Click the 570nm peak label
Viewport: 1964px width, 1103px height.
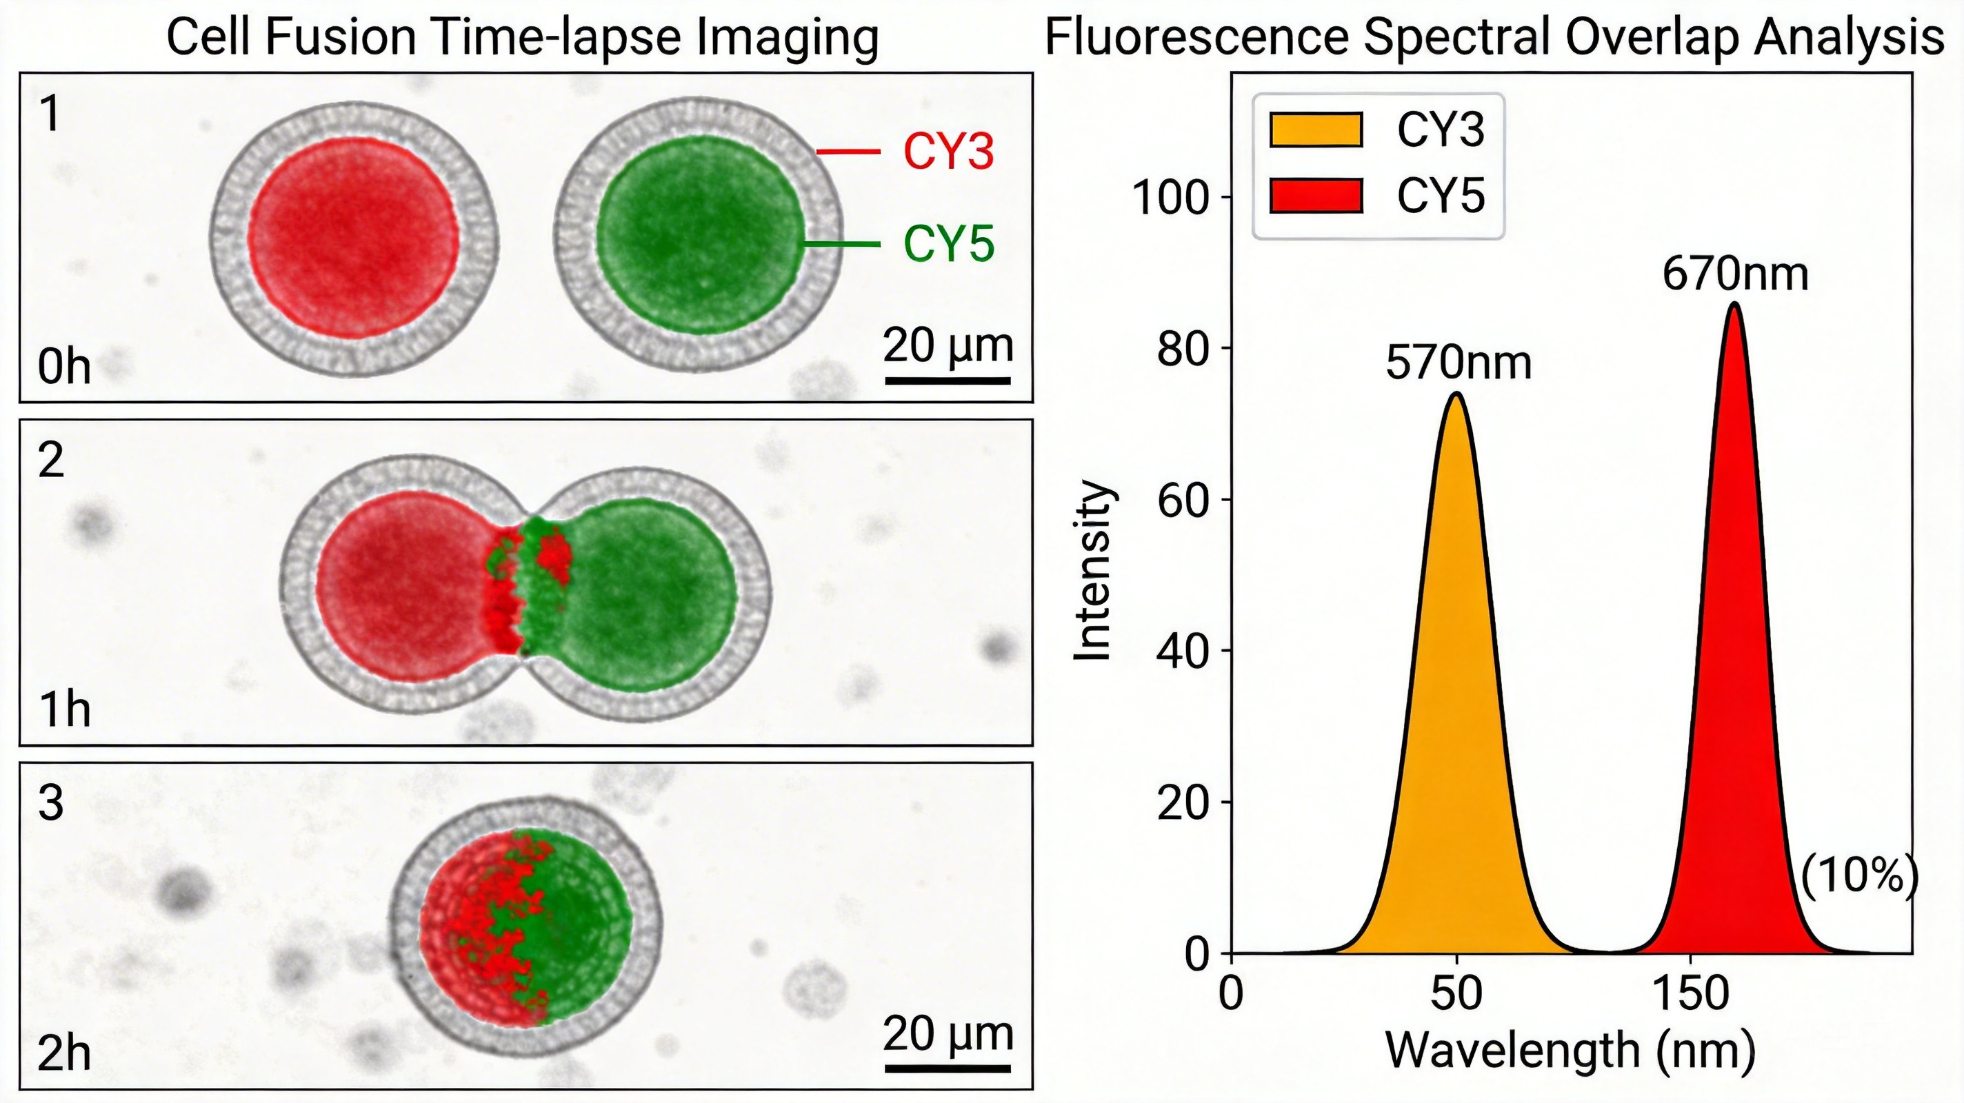coord(1458,363)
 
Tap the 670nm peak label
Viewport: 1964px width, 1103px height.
coord(1735,274)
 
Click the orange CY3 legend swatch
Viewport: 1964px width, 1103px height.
coord(1316,130)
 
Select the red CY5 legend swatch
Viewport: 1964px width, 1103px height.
coord(1316,195)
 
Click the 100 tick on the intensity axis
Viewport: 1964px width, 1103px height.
coord(1172,197)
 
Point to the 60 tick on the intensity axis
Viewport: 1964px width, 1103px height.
coord(1183,500)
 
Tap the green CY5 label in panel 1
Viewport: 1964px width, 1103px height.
coord(948,244)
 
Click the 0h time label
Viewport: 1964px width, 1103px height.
coord(64,367)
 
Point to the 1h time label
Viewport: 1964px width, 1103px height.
coord(64,711)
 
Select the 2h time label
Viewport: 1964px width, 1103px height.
coord(64,1053)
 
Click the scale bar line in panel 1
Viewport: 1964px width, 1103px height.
coord(948,379)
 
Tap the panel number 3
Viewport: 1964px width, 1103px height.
coord(50,803)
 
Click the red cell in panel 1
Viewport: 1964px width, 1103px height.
coord(354,238)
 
